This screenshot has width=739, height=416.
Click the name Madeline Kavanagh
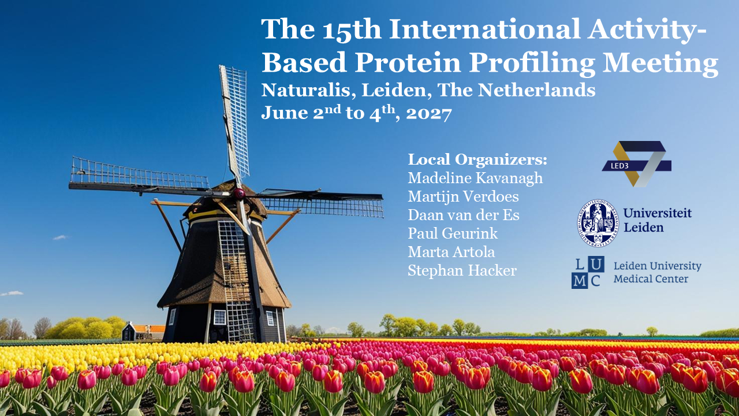click(475, 179)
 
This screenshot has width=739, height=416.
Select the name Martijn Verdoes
click(463, 197)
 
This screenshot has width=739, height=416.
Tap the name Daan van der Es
click(464, 216)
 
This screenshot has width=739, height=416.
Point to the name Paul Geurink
click(453, 233)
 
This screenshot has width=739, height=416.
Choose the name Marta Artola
click(451, 252)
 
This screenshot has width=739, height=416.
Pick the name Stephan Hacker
click(462, 271)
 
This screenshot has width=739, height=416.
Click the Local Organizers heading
click(477, 160)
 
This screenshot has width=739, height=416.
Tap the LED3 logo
click(636, 164)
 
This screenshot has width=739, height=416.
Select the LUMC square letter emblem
click(588, 272)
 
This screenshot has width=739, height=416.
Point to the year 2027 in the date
click(429, 114)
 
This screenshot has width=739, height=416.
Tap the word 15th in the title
click(352, 29)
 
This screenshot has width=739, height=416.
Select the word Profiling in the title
click(532, 63)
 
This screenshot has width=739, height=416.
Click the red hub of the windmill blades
click(240, 193)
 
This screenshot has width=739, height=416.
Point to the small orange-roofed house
click(144, 332)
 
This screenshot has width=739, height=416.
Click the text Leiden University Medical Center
click(657, 272)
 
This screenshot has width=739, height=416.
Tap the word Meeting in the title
click(660, 63)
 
